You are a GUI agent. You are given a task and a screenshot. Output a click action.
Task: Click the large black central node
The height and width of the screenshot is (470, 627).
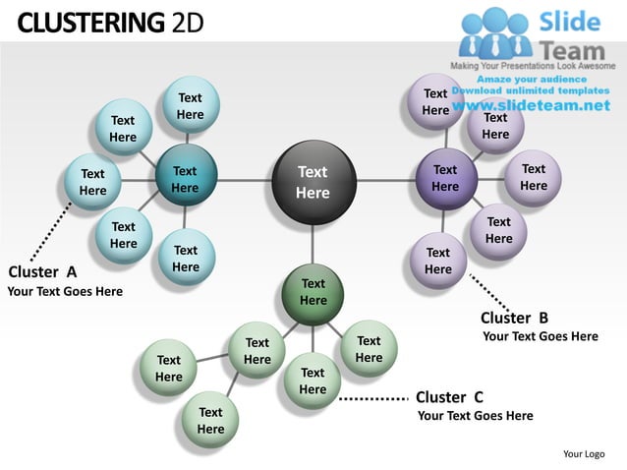pyautogui.click(x=313, y=182)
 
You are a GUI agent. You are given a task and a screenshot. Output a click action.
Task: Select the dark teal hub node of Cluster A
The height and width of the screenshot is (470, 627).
pyautogui.click(x=185, y=179)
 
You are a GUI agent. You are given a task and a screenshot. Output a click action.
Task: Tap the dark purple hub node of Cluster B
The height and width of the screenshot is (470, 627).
pyautogui.click(x=445, y=178)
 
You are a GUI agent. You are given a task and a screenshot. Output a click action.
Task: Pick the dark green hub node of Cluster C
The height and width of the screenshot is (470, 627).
pyautogui.click(x=313, y=292)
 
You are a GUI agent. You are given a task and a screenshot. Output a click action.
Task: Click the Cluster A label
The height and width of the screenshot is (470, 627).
pyautogui.click(x=43, y=271)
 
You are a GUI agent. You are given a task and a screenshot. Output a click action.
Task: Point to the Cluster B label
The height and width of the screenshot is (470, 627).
pyautogui.click(x=514, y=318)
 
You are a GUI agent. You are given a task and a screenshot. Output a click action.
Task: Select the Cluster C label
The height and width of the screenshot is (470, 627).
pyautogui.click(x=449, y=397)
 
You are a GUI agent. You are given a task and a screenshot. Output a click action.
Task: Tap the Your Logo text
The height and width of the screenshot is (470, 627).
pyautogui.click(x=584, y=453)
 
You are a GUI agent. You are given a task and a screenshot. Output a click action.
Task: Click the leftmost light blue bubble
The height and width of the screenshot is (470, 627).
pyautogui.click(x=92, y=183)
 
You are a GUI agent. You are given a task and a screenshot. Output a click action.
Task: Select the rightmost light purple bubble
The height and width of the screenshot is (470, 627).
pyautogui.click(x=534, y=177)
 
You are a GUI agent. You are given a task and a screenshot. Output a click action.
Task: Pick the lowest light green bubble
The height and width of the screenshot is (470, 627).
pyautogui.click(x=210, y=421)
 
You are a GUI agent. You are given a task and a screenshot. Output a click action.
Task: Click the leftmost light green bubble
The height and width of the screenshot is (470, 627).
pyautogui.click(x=169, y=369)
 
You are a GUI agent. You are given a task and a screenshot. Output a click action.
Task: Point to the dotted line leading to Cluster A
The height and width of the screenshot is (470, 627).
pyautogui.click(x=49, y=232)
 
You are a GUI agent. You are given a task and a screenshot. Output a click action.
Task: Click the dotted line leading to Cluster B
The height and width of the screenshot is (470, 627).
pyautogui.click(x=487, y=292)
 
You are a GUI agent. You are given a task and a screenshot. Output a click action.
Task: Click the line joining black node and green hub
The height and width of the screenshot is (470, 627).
pyautogui.click(x=313, y=244)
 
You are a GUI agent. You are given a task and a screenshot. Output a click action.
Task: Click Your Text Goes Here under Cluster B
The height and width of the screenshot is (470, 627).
pyautogui.click(x=541, y=336)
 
